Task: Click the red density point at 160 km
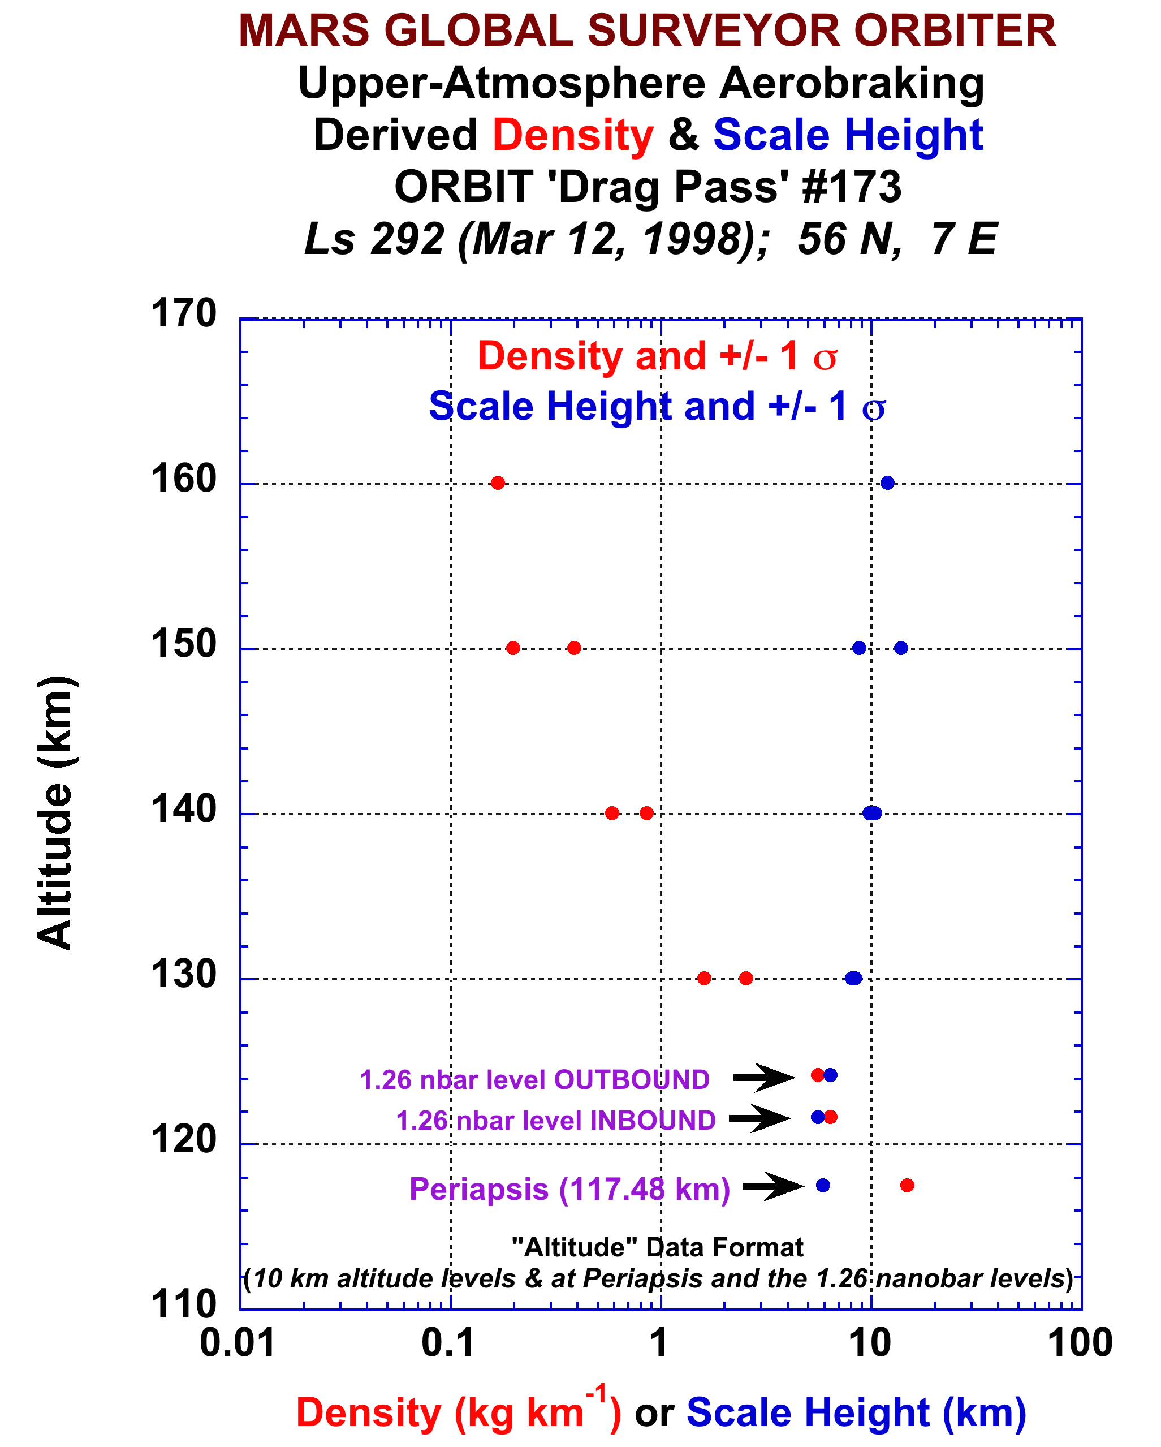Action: pyautogui.click(x=497, y=483)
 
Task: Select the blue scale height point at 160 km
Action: pyautogui.click(x=887, y=483)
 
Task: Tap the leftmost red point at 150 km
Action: pyautogui.click(x=513, y=648)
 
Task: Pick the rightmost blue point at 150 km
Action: pyautogui.click(x=901, y=648)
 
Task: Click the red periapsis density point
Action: pyautogui.click(x=907, y=1185)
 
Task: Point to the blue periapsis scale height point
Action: pyautogui.click(x=823, y=1185)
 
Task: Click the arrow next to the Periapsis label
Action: pyautogui.click(x=772, y=1186)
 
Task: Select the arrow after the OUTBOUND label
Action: pyautogui.click(x=763, y=1077)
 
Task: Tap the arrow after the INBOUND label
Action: pyautogui.click(x=759, y=1118)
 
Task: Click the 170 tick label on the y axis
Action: pyautogui.click(x=183, y=313)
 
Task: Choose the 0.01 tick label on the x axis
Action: pyautogui.click(x=238, y=1343)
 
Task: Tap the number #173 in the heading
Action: pyautogui.click(x=852, y=186)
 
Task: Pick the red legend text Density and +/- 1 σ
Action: pyautogui.click(x=657, y=356)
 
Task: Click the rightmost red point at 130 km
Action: pyautogui.click(x=745, y=978)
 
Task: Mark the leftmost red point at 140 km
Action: pyautogui.click(x=611, y=813)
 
